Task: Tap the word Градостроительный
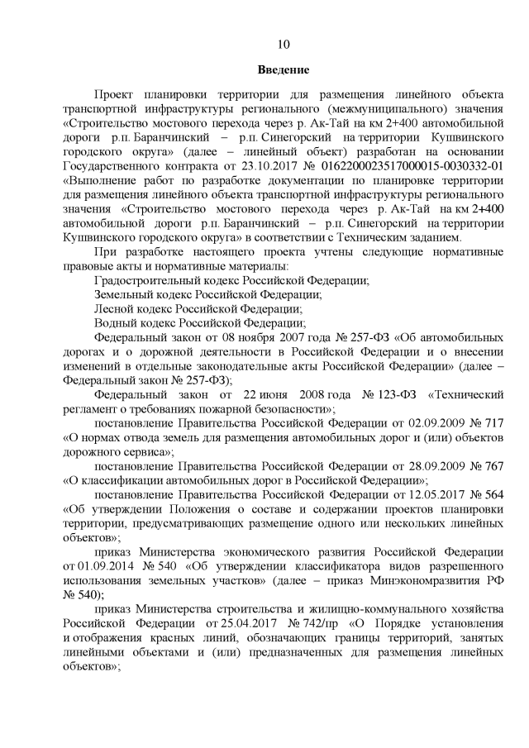(146, 281)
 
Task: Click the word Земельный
(124, 295)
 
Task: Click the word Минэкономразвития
(421, 580)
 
